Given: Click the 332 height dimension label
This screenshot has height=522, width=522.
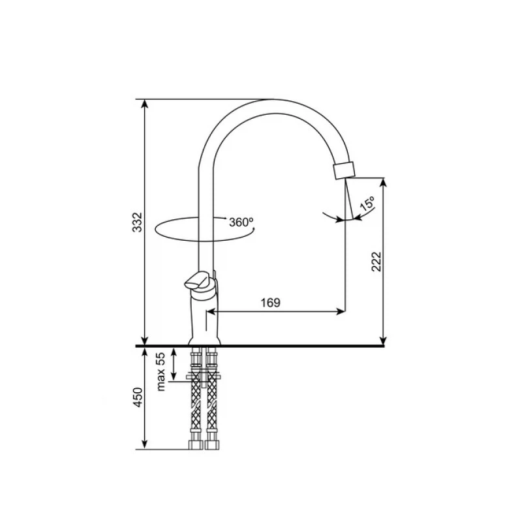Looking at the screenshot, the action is (137, 222).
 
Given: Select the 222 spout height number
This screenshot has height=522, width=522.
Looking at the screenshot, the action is (376, 262).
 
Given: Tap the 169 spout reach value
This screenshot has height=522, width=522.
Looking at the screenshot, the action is (270, 303).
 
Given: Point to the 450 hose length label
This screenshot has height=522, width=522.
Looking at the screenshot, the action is (138, 397).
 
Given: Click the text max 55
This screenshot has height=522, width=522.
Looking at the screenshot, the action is (161, 372).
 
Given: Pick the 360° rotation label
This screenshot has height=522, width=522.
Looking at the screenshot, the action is (241, 222).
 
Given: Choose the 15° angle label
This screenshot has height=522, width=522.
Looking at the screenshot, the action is (367, 204).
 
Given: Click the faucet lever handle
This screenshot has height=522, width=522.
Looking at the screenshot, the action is (198, 281).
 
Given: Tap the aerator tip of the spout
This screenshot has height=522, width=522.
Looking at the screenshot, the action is (345, 170).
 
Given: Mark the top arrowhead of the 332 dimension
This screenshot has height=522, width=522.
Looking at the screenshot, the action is (144, 104).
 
